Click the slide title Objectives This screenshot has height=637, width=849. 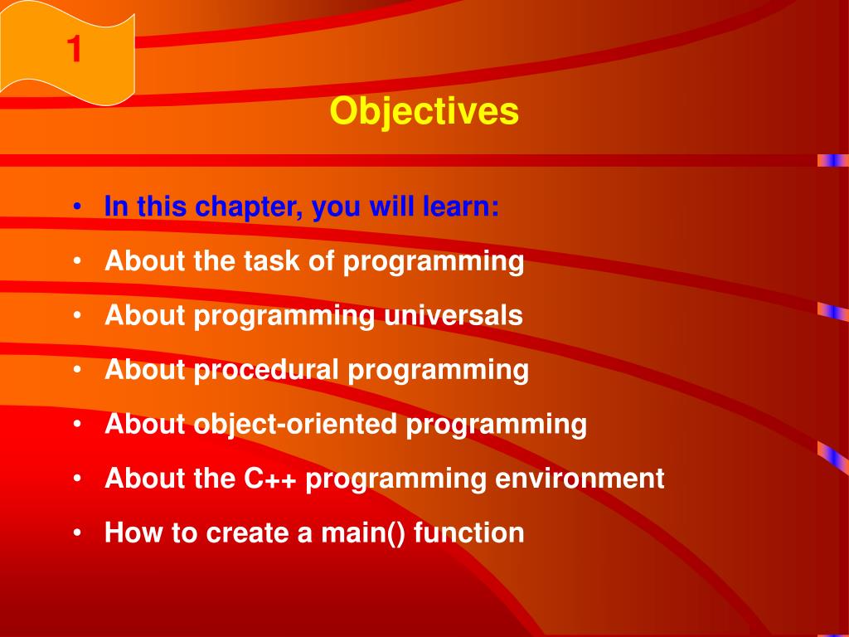click(x=424, y=112)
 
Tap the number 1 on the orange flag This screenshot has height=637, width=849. click(x=74, y=49)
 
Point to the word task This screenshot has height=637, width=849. click(x=272, y=261)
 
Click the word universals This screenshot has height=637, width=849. click(x=454, y=315)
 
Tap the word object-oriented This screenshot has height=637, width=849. click(x=296, y=424)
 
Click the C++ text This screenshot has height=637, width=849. click(x=269, y=479)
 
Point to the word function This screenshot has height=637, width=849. click(x=469, y=532)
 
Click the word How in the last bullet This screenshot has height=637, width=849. click(x=133, y=532)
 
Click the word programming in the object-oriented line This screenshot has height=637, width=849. click(x=497, y=425)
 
